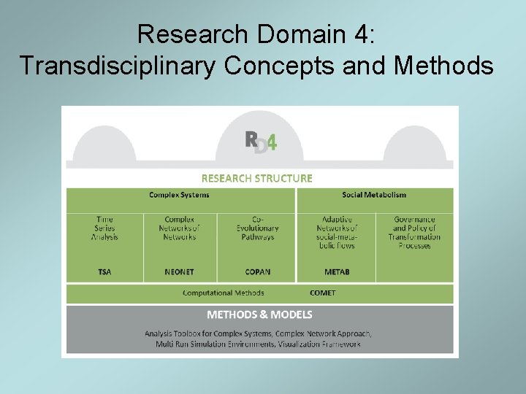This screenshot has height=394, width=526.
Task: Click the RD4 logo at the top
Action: [260, 142]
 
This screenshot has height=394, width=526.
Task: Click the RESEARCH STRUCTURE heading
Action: [256, 178]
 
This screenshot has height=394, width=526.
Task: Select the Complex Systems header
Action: [179, 195]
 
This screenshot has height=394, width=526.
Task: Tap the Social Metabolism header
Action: [374, 195]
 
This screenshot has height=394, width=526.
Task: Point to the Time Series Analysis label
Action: [104, 228]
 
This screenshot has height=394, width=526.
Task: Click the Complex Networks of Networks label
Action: [179, 228]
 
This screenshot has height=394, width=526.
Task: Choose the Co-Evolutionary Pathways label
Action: [257, 228]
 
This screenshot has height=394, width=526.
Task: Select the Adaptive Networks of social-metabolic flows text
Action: [337, 232]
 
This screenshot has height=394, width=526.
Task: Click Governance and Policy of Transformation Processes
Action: [414, 232]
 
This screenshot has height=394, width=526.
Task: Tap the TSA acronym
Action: [104, 272]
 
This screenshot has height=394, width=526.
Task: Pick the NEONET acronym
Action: [179, 272]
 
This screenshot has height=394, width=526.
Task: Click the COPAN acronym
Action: [257, 272]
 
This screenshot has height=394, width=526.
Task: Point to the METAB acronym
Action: [337, 272]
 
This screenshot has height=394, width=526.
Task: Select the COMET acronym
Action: [322, 293]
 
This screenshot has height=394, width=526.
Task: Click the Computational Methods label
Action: [224, 293]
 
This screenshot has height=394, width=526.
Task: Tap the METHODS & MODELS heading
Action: [259, 314]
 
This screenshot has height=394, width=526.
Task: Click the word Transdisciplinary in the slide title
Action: [118, 66]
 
